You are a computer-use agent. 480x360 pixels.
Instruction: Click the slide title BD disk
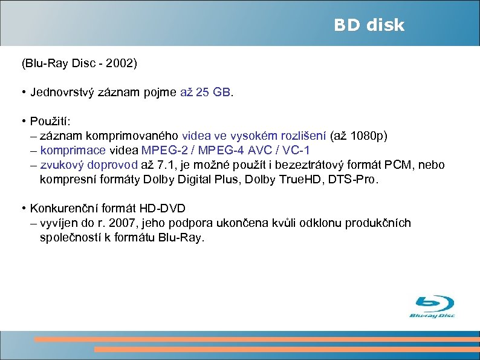(369, 25)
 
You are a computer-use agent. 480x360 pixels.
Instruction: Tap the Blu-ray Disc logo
(433, 307)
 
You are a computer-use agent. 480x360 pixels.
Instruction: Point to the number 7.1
(166, 165)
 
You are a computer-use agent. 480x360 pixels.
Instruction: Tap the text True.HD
(298, 179)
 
